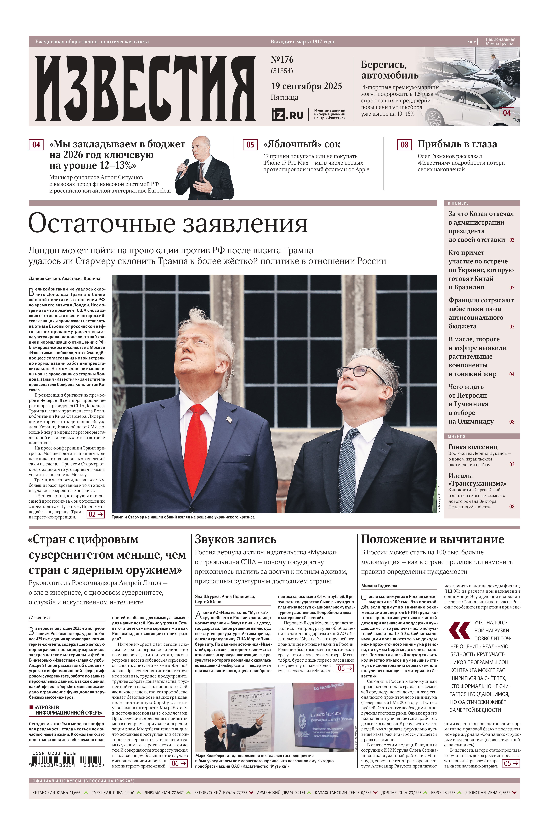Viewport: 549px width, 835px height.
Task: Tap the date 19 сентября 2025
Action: pos(306,86)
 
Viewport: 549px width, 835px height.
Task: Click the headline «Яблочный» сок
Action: pos(302,144)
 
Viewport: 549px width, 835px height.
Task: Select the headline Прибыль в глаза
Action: pos(457,144)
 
